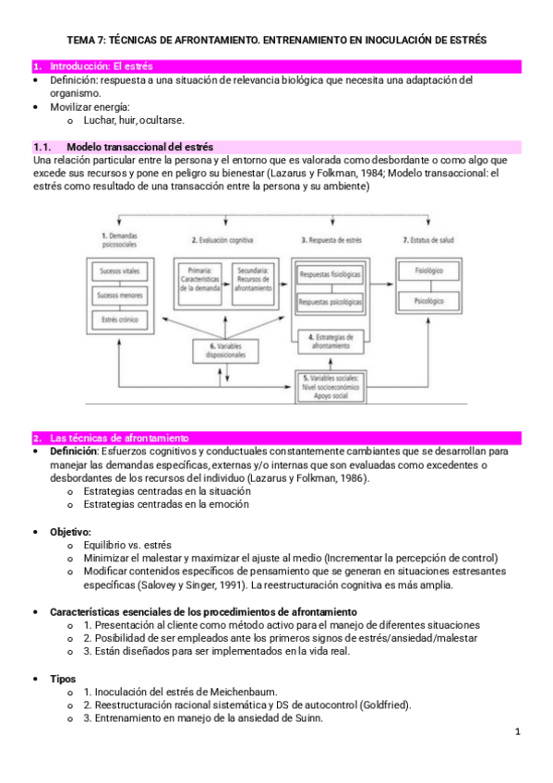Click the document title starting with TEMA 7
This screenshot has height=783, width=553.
pos(277,41)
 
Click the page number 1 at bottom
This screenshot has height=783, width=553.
pos(518,732)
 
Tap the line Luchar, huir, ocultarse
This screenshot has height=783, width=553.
pos(134,120)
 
